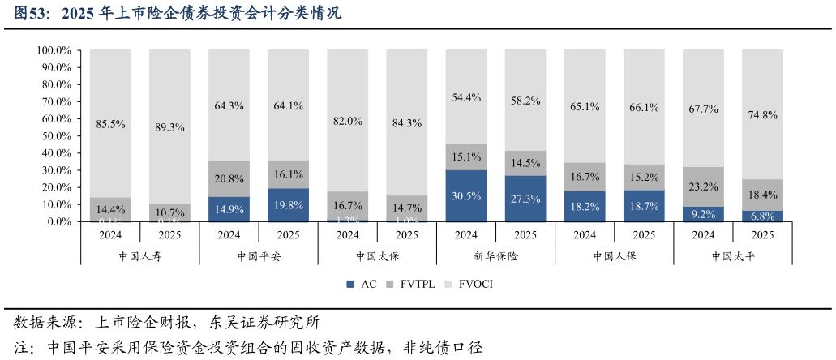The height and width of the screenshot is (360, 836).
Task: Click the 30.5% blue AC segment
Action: click(x=466, y=196)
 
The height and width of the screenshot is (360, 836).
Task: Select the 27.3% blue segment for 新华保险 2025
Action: click(x=525, y=199)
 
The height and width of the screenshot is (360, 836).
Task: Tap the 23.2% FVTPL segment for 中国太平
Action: click(x=703, y=186)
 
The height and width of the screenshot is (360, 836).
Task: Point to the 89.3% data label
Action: click(x=169, y=127)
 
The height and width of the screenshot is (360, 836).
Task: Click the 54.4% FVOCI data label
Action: click(x=466, y=97)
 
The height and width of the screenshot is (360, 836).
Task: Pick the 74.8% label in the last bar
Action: click(x=762, y=115)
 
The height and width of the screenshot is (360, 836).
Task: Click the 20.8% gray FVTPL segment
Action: click(x=229, y=178)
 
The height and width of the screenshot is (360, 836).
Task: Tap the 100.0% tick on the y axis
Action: click(x=55, y=50)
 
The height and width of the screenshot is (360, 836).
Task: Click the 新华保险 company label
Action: click(x=495, y=256)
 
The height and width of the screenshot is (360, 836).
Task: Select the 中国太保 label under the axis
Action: click(x=377, y=256)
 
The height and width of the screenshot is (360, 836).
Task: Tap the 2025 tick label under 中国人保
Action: click(x=644, y=235)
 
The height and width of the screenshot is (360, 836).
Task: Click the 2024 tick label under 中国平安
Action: click(x=229, y=235)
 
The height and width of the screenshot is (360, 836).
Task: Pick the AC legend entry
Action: click(x=362, y=284)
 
